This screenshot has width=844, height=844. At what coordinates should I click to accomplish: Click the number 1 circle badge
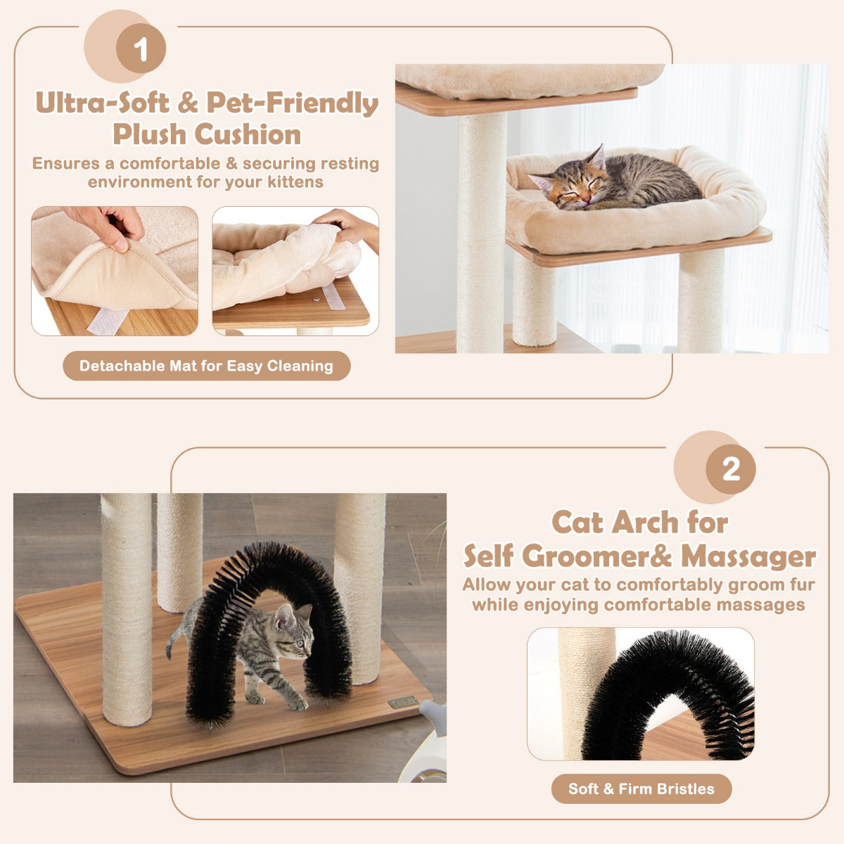pyautogui.click(x=141, y=49)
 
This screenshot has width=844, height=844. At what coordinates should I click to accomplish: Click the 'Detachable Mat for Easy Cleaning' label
pyautogui.click(x=206, y=366)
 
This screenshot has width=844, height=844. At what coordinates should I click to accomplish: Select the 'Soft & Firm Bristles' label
pyautogui.click(x=641, y=788)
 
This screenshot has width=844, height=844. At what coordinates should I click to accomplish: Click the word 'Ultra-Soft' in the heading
pyautogui.click(x=102, y=103)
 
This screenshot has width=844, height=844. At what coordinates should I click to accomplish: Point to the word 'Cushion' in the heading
pyautogui.click(x=247, y=134)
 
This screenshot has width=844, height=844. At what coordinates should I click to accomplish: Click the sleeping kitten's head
pyautogui.click(x=568, y=186)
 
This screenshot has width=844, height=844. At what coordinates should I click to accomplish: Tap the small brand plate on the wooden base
pyautogui.click(x=402, y=701)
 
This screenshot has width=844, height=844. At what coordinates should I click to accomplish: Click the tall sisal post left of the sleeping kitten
pyautogui.click(x=481, y=232)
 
